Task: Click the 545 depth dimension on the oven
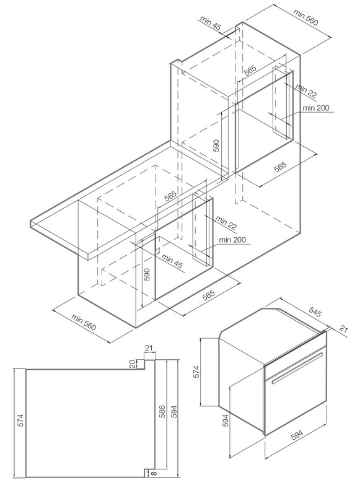(315, 312)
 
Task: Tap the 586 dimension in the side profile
(162, 412)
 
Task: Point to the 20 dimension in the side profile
(133, 364)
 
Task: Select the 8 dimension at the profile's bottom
(153, 473)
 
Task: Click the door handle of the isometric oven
(297, 368)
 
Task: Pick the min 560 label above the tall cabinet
(306, 17)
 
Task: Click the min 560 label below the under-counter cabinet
(84, 322)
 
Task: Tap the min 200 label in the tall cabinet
(316, 108)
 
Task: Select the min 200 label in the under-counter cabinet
(232, 240)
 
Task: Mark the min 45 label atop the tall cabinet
(210, 23)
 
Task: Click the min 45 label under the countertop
(172, 261)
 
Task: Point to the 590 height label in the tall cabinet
(216, 146)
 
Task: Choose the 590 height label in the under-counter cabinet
(147, 274)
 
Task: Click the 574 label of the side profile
(20, 420)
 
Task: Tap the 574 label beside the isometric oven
(196, 372)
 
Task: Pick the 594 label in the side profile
(173, 412)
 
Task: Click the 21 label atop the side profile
(149, 348)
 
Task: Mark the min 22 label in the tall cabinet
(305, 91)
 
